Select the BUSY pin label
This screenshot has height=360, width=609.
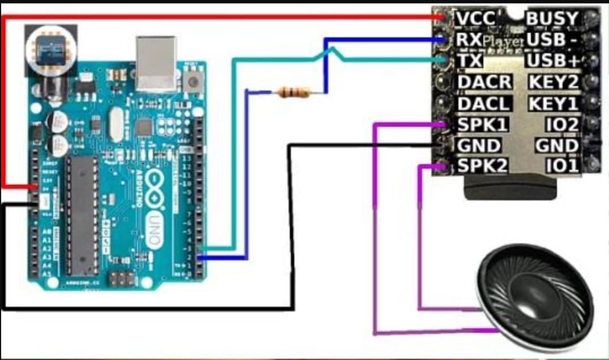pyautogui.click(x=553, y=19)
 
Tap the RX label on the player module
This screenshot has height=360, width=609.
pyautogui.click(x=469, y=40)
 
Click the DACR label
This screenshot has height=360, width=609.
pyautogui.click(x=484, y=82)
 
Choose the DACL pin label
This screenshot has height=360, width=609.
pyautogui.click(x=483, y=104)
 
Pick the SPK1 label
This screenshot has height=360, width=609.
pyautogui.click(x=482, y=125)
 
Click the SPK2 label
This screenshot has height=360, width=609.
pyautogui.click(x=482, y=166)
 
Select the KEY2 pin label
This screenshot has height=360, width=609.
pyautogui.click(x=554, y=82)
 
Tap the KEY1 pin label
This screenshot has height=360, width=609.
pyautogui.click(x=554, y=104)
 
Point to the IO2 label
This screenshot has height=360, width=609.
pyautogui.click(x=562, y=125)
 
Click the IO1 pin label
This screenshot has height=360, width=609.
pyautogui.click(x=562, y=166)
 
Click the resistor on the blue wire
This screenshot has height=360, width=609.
pyautogui.click(x=295, y=92)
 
